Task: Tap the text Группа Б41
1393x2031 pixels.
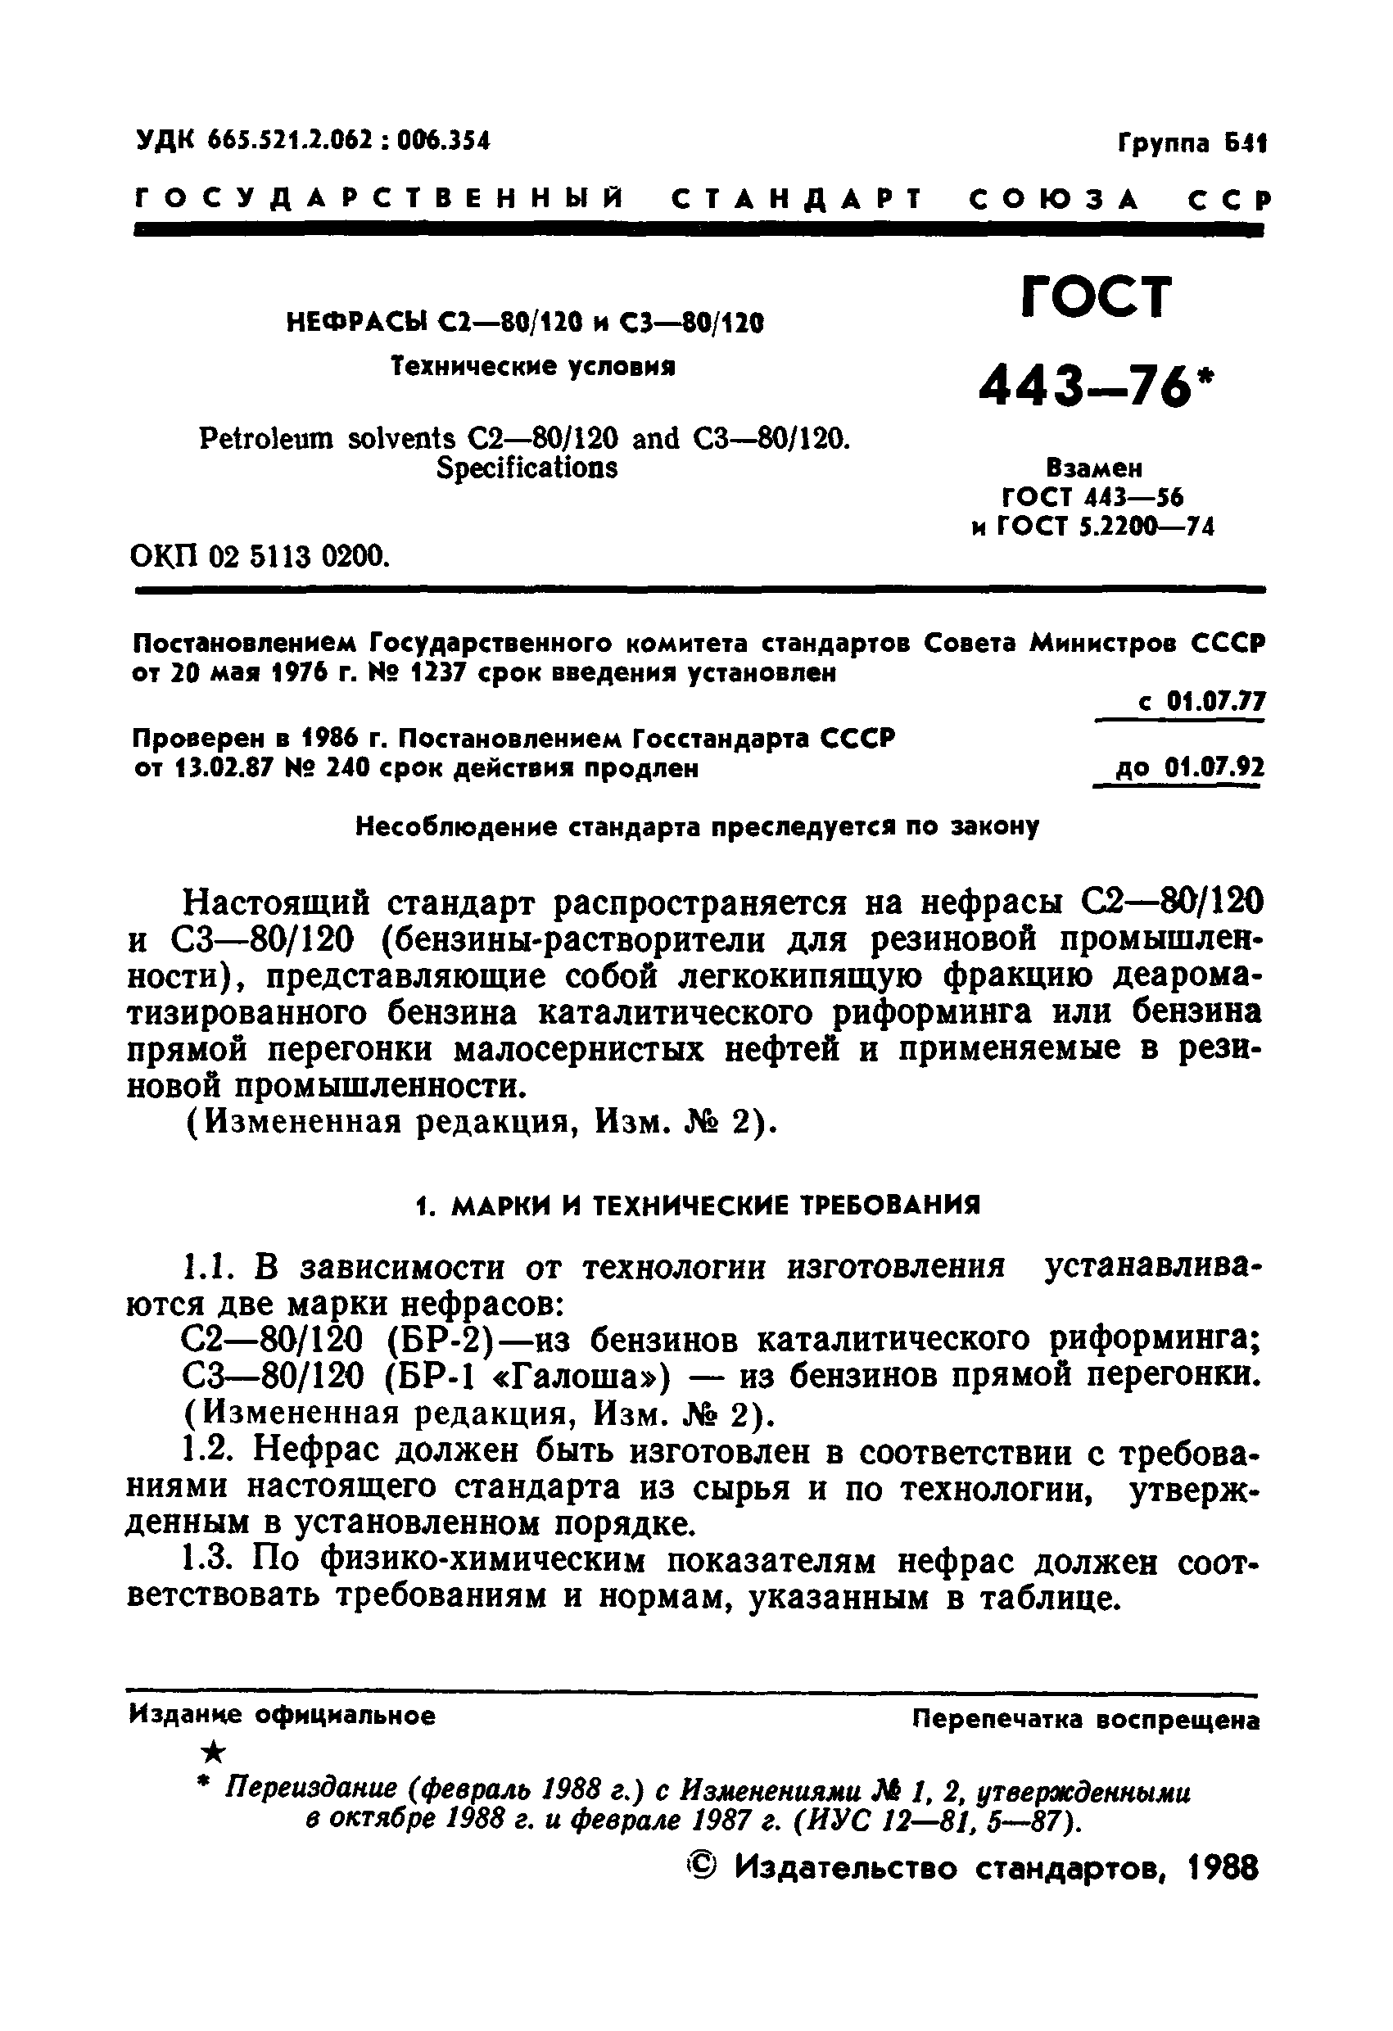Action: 1192,143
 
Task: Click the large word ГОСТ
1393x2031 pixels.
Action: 1096,297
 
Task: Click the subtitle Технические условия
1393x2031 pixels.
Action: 533,366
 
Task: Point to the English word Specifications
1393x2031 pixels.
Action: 526,468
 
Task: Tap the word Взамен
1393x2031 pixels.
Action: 1093,468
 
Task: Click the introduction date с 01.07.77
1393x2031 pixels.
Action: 1201,702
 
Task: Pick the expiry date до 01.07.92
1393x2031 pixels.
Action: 1189,768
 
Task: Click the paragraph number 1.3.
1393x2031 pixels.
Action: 207,1561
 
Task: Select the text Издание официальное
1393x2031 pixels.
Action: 282,1716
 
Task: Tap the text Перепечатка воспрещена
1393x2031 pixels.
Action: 1085,1719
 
